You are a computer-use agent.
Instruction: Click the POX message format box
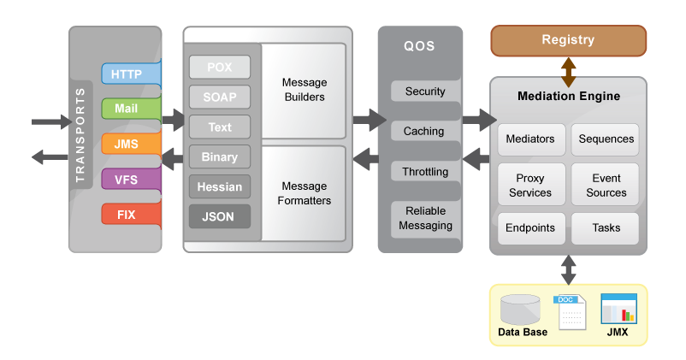click(x=220, y=68)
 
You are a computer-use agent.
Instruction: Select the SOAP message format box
click(x=220, y=97)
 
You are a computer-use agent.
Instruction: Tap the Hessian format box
click(x=220, y=186)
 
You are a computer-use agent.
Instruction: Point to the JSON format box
click(x=220, y=216)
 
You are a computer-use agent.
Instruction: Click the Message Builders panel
click(x=304, y=90)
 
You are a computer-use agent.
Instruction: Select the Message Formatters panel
click(x=304, y=193)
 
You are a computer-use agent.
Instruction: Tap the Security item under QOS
click(x=425, y=91)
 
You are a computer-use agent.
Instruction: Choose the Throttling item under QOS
click(x=425, y=172)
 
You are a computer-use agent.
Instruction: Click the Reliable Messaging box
click(x=425, y=219)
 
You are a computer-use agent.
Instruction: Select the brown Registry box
click(x=568, y=40)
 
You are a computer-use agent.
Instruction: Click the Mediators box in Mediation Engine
click(x=530, y=139)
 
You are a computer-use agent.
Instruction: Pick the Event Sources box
click(x=606, y=185)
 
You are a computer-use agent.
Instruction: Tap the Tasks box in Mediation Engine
click(x=606, y=228)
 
